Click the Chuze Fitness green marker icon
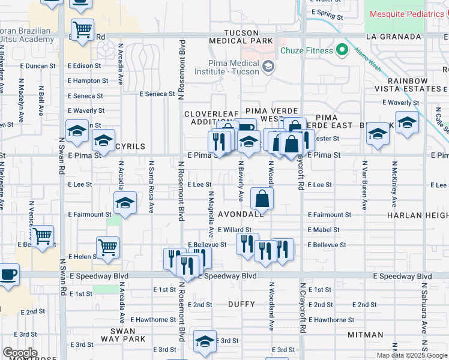(343, 50)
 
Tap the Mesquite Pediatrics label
(408, 13)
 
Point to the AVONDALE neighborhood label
(240, 214)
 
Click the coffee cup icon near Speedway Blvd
(8, 275)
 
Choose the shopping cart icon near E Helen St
(107, 246)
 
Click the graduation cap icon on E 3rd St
(205, 340)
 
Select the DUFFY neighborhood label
(242, 304)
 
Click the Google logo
(20, 353)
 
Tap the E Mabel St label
(324, 230)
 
